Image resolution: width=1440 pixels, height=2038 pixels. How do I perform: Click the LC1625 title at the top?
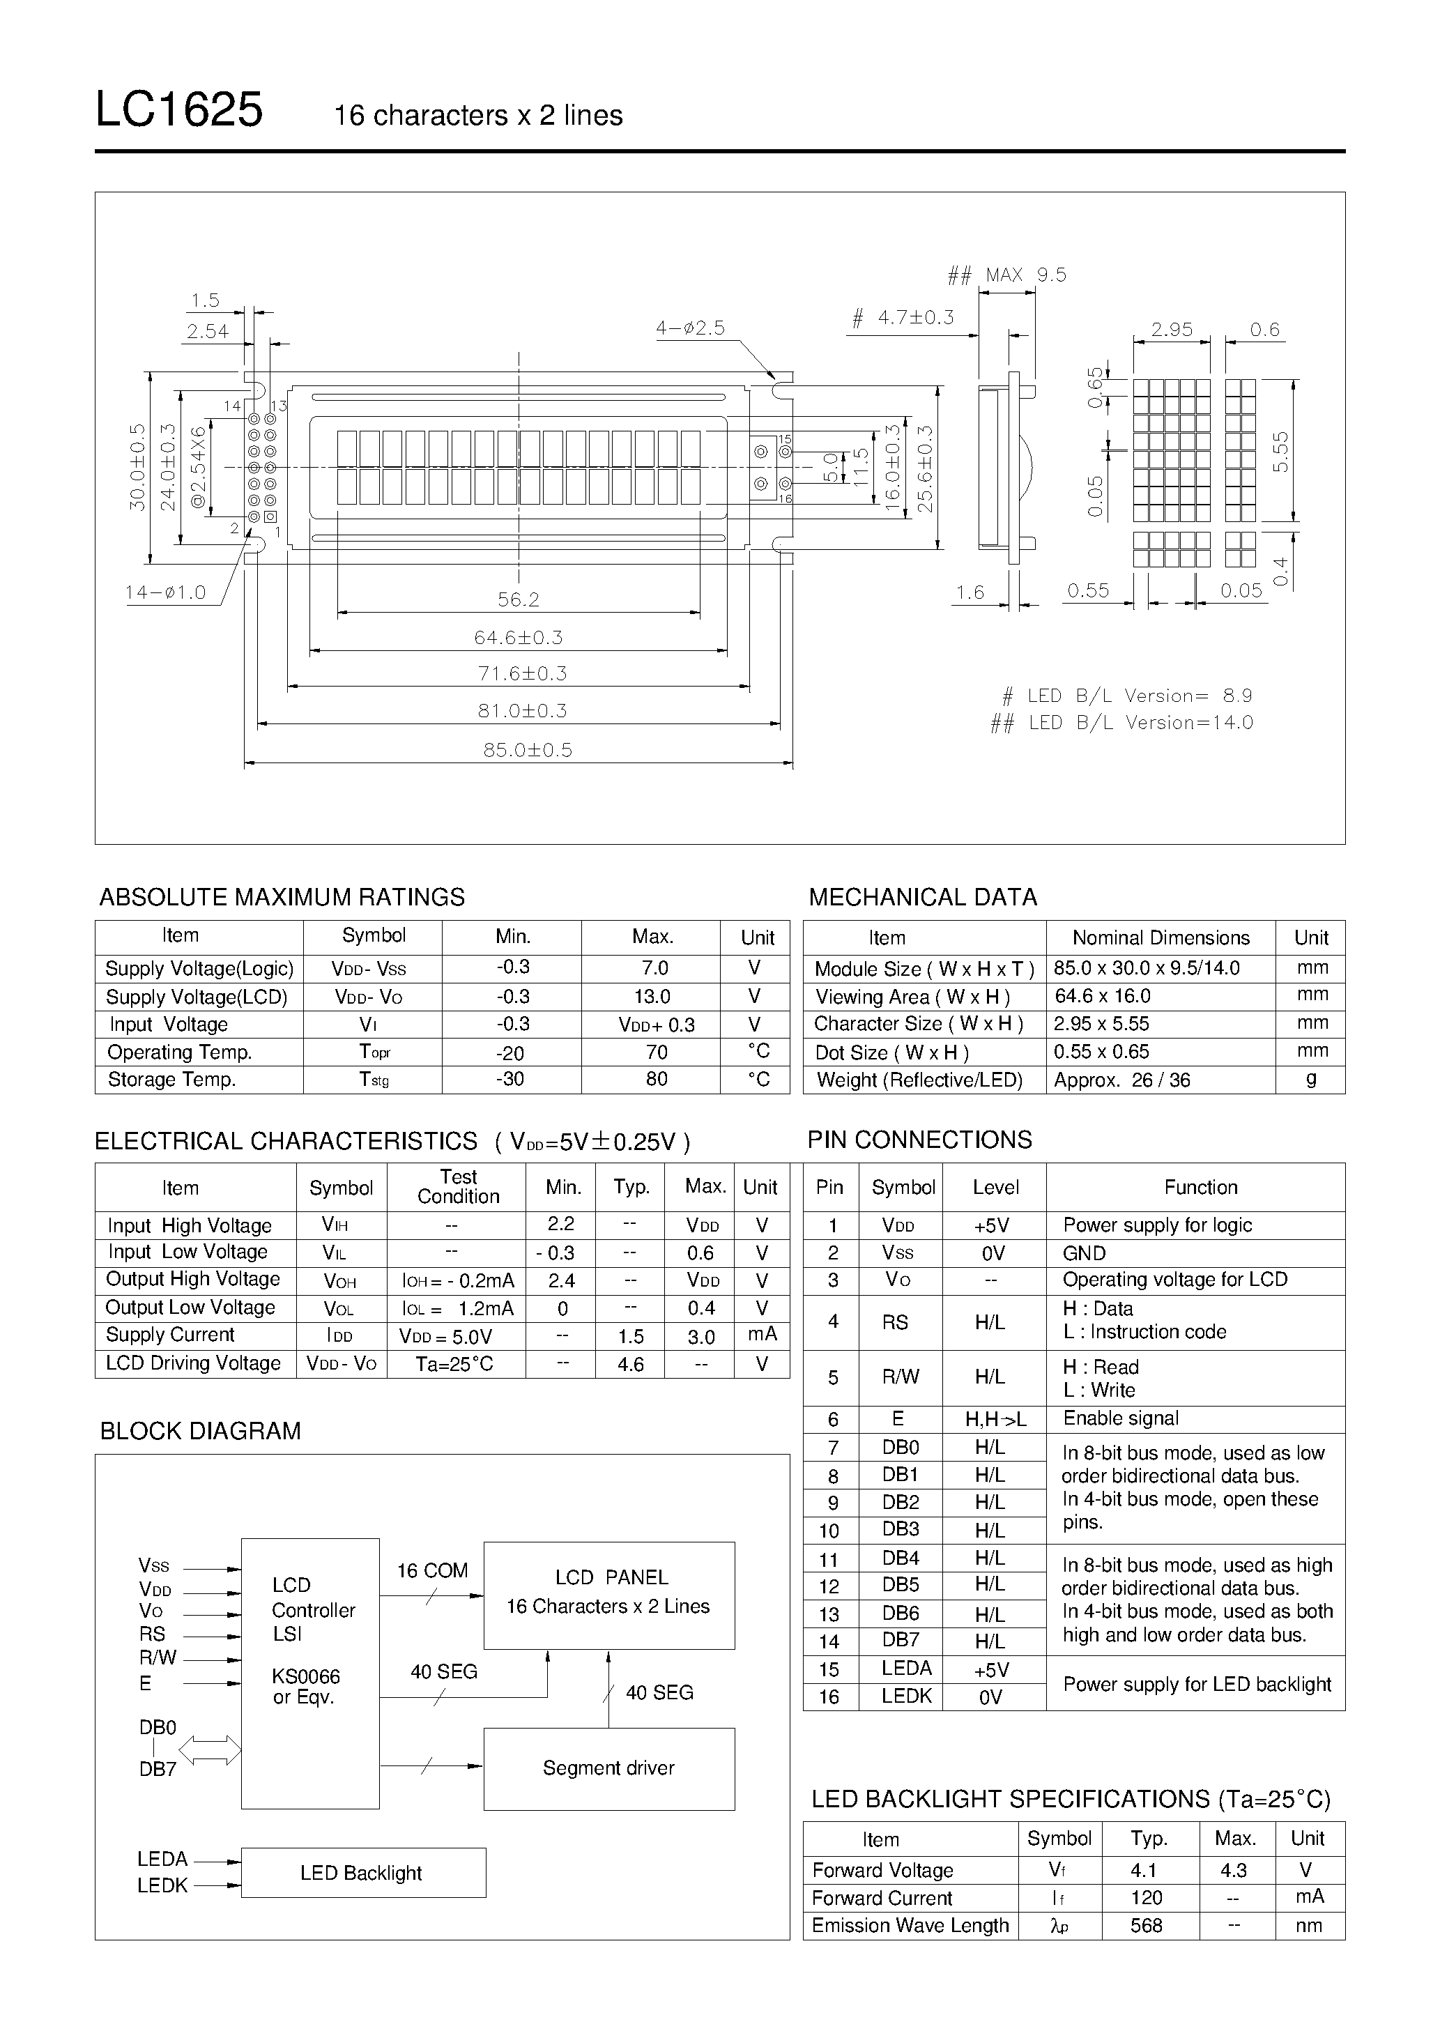point(178,111)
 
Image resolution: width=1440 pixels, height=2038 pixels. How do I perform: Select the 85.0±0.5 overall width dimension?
point(528,750)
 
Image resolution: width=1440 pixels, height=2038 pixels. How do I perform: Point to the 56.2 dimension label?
point(519,600)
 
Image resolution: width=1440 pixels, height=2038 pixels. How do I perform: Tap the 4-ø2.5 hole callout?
point(691,328)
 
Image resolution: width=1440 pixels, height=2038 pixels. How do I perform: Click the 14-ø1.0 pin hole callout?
point(165,592)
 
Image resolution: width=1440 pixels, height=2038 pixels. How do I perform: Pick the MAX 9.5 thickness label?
point(1025,275)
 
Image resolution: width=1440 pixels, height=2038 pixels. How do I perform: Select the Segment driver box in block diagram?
point(609,1768)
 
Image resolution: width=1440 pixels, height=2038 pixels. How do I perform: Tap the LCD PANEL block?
point(609,1595)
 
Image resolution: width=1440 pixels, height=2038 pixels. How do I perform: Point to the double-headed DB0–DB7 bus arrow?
point(210,1750)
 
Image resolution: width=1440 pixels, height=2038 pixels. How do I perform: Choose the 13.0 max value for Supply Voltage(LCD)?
point(652,997)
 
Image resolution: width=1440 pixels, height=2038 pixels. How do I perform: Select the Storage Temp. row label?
point(171,1080)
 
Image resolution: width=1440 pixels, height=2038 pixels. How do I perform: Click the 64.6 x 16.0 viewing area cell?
point(1103,996)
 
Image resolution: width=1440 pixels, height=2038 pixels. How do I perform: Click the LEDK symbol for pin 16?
point(906,1696)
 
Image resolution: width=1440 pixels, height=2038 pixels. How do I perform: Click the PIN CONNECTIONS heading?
point(920,1140)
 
